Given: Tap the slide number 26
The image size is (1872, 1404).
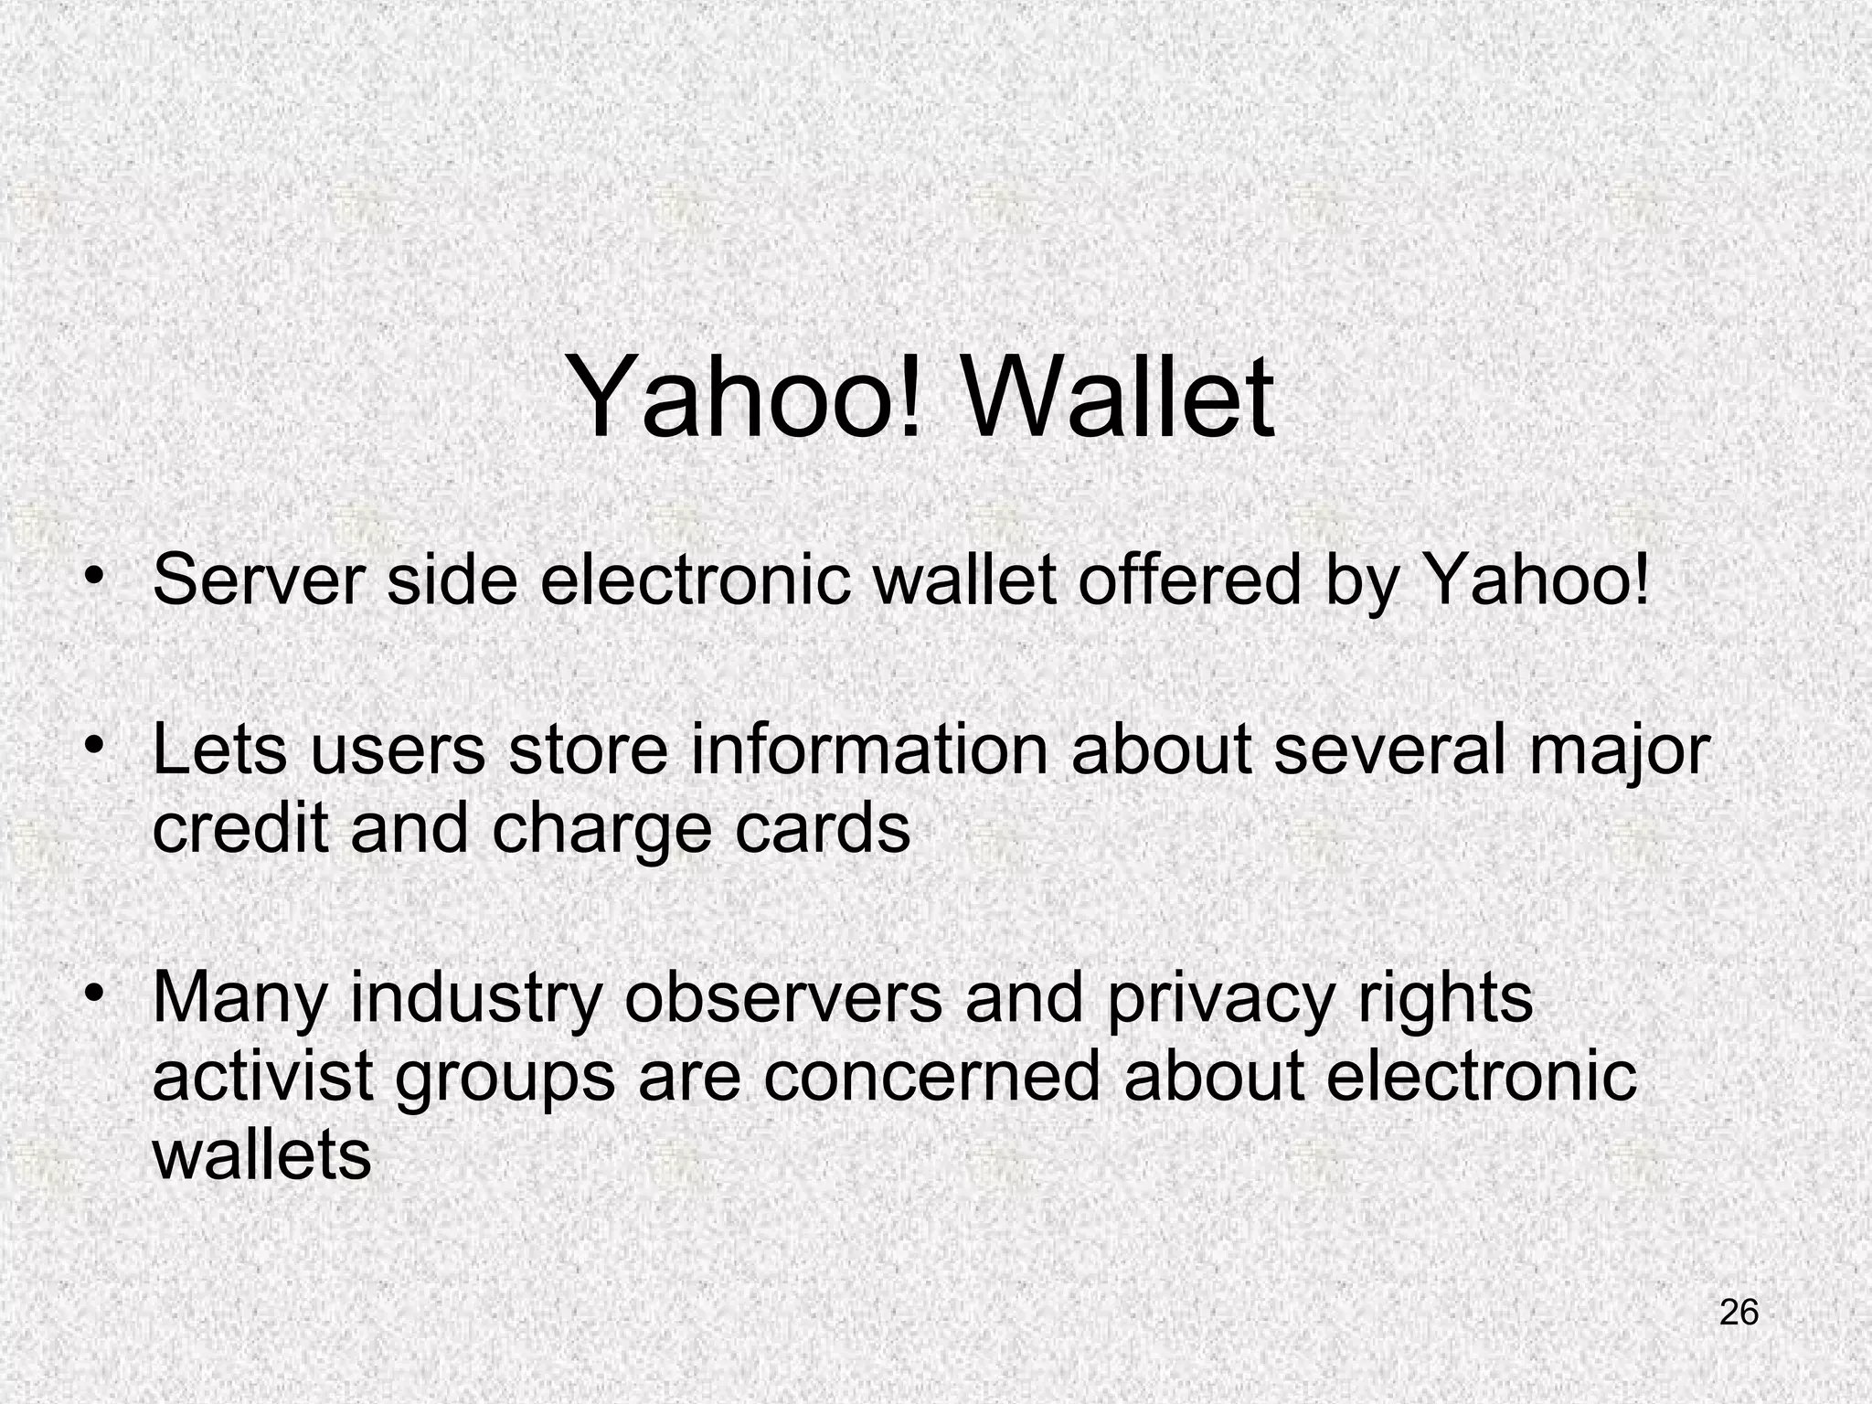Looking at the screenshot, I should click(x=1739, y=1313).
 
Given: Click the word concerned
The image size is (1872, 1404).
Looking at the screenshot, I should click(x=931, y=1076).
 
